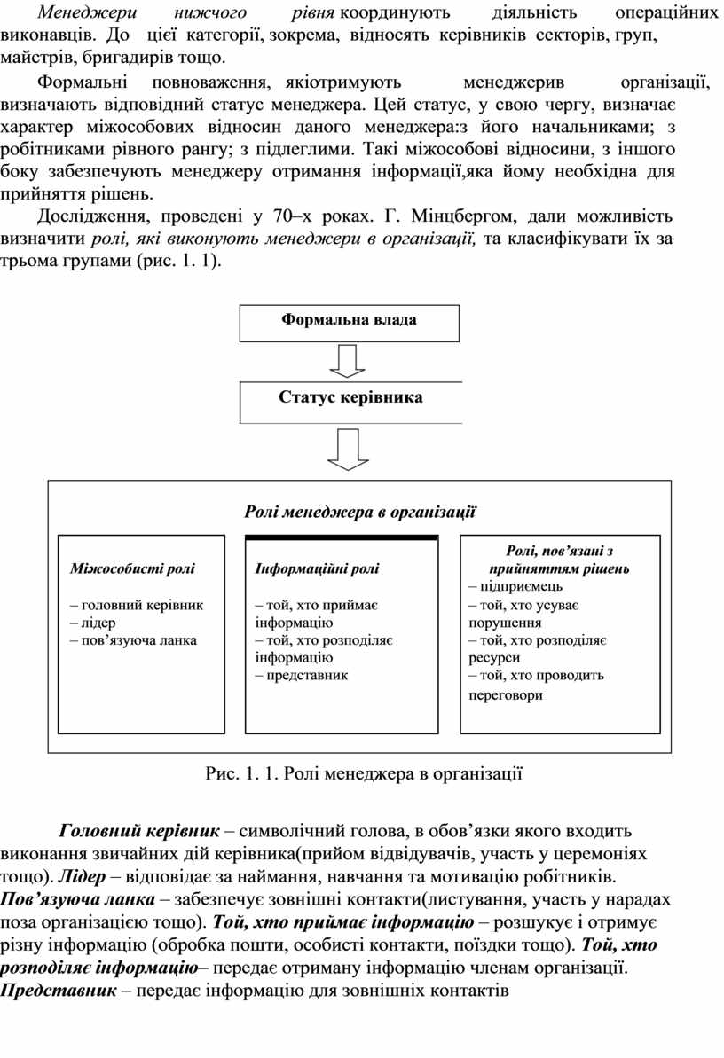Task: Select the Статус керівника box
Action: [x=350, y=398]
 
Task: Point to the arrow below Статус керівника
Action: [x=348, y=451]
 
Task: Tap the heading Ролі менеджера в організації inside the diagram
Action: [x=359, y=512]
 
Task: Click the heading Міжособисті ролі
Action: [x=133, y=569]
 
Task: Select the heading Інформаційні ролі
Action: [x=317, y=569]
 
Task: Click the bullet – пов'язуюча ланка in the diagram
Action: [x=133, y=639]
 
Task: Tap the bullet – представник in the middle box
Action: [x=302, y=675]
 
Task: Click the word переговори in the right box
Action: [x=506, y=696]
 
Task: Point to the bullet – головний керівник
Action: [x=137, y=605]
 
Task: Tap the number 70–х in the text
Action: [x=294, y=216]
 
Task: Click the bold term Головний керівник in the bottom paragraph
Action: [x=138, y=832]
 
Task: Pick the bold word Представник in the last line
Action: [x=59, y=990]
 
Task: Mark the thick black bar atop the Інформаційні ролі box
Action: [x=341, y=537]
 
